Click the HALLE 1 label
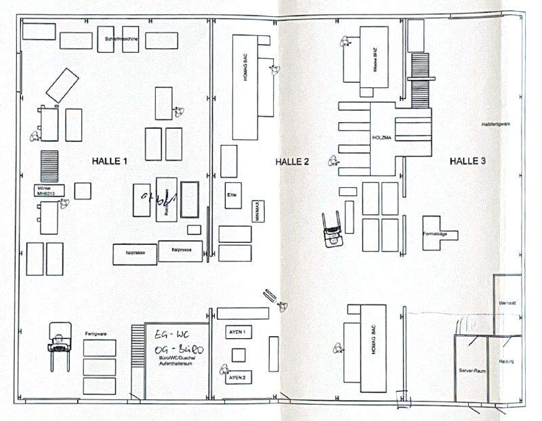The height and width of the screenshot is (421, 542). click(x=110, y=161)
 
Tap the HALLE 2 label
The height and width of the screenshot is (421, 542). click(x=293, y=161)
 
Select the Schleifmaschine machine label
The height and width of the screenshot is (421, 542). click(x=121, y=40)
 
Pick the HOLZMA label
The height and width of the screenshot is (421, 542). click(x=383, y=137)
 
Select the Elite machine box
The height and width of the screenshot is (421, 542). click(x=230, y=196)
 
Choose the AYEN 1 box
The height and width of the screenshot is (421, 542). click(x=238, y=332)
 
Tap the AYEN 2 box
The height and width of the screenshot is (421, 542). click(x=237, y=376)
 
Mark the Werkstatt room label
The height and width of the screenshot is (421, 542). click(x=507, y=302)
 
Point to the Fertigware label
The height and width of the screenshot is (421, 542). click(x=97, y=335)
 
